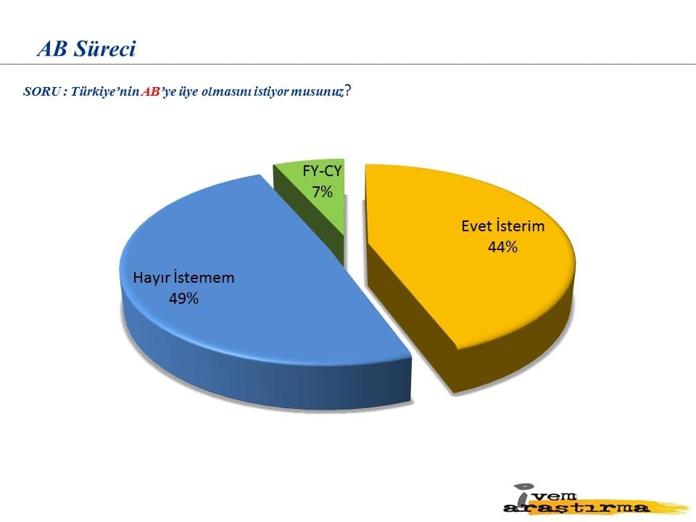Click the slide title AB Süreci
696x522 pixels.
coord(86,49)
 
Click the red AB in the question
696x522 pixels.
coord(151,92)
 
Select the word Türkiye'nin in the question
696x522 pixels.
coord(106,92)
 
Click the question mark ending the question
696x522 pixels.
coord(349,91)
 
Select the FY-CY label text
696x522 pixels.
coord(322,171)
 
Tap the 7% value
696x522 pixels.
coord(322,191)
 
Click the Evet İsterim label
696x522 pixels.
coord(503,226)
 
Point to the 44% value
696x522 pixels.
coord(503,246)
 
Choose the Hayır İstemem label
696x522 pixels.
coord(183,278)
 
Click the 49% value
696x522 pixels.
coord(183,298)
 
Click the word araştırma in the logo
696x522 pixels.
coord(577,507)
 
